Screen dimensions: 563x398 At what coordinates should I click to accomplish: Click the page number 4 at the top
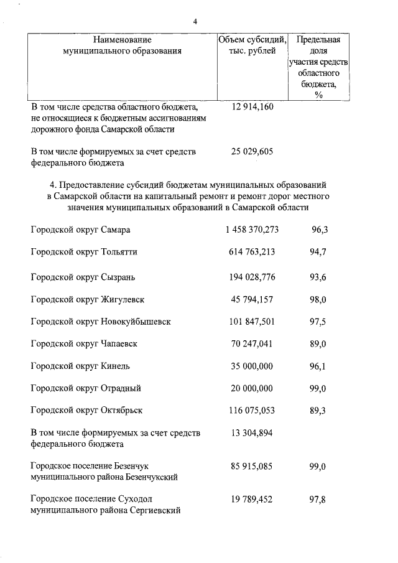click(x=195, y=21)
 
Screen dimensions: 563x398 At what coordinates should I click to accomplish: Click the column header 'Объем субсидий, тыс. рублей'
click(x=252, y=45)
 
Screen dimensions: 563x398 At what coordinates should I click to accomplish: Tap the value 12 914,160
click(x=252, y=106)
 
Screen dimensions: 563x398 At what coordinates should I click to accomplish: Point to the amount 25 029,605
click(x=252, y=151)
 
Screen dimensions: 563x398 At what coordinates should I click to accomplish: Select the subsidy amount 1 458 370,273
click(x=252, y=230)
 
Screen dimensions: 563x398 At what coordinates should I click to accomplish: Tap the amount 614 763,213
click(x=252, y=252)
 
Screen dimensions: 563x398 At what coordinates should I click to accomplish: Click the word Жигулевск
click(x=123, y=299)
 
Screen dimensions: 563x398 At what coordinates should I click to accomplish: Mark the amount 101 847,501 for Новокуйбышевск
click(x=252, y=322)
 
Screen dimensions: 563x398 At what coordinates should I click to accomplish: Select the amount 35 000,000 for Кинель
click(x=252, y=366)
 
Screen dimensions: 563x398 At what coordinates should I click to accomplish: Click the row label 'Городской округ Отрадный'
click(x=86, y=388)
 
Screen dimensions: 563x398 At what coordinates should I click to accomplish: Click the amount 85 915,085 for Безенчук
click(x=252, y=466)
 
